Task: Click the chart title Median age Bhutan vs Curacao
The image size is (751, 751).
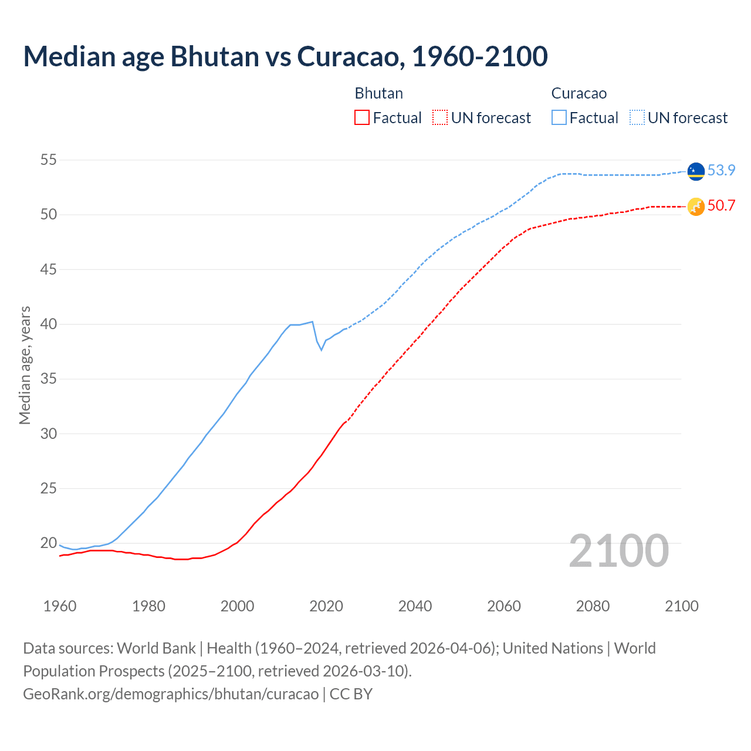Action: click(x=285, y=56)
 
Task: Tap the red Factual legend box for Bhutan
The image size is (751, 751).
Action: click(x=362, y=118)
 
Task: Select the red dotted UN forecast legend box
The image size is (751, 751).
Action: click(x=440, y=118)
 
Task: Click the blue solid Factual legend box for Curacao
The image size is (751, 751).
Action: click(x=559, y=118)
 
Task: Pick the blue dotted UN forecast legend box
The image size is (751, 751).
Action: click(x=637, y=118)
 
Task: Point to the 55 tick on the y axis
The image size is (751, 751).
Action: click(x=49, y=160)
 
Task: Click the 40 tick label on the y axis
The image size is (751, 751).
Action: click(x=49, y=324)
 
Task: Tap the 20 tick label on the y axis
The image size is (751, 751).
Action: click(x=49, y=543)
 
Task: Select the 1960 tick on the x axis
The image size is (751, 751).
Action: click(x=60, y=606)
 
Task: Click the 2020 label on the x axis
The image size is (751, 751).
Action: click(x=326, y=606)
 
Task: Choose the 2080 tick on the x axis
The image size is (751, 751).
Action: click(x=593, y=606)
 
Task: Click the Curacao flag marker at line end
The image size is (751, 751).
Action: click(x=696, y=171)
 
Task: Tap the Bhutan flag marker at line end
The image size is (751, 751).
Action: click(x=696, y=207)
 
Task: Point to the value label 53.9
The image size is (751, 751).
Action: click(x=721, y=171)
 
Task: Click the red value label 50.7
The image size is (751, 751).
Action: click(x=721, y=206)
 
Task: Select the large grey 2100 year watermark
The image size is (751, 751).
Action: click(x=618, y=551)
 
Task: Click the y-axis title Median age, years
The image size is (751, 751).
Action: click(x=25, y=365)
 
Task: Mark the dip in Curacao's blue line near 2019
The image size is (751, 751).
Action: click(x=321, y=350)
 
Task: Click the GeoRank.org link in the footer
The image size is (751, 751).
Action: click(x=170, y=694)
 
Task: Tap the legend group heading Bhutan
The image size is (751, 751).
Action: click(x=378, y=93)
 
